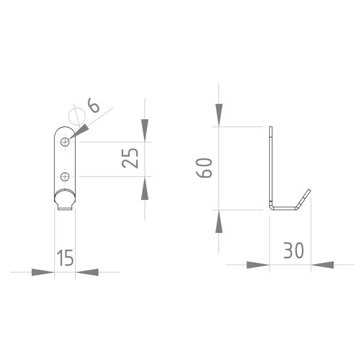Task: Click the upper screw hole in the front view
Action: click(x=65, y=142)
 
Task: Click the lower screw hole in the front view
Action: click(x=65, y=176)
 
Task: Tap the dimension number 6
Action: click(x=94, y=106)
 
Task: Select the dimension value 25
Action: click(x=130, y=158)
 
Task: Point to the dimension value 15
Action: click(x=65, y=258)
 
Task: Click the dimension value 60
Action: click(x=205, y=168)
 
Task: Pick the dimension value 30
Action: click(x=293, y=251)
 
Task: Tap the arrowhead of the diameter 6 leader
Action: click(x=78, y=131)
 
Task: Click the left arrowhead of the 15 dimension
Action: click(x=43, y=272)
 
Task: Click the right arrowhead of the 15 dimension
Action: click(x=88, y=272)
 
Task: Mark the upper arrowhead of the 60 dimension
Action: click(x=219, y=115)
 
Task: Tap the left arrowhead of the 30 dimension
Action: click(x=257, y=265)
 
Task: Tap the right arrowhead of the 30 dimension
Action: click(x=323, y=265)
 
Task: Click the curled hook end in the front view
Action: click(x=65, y=200)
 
